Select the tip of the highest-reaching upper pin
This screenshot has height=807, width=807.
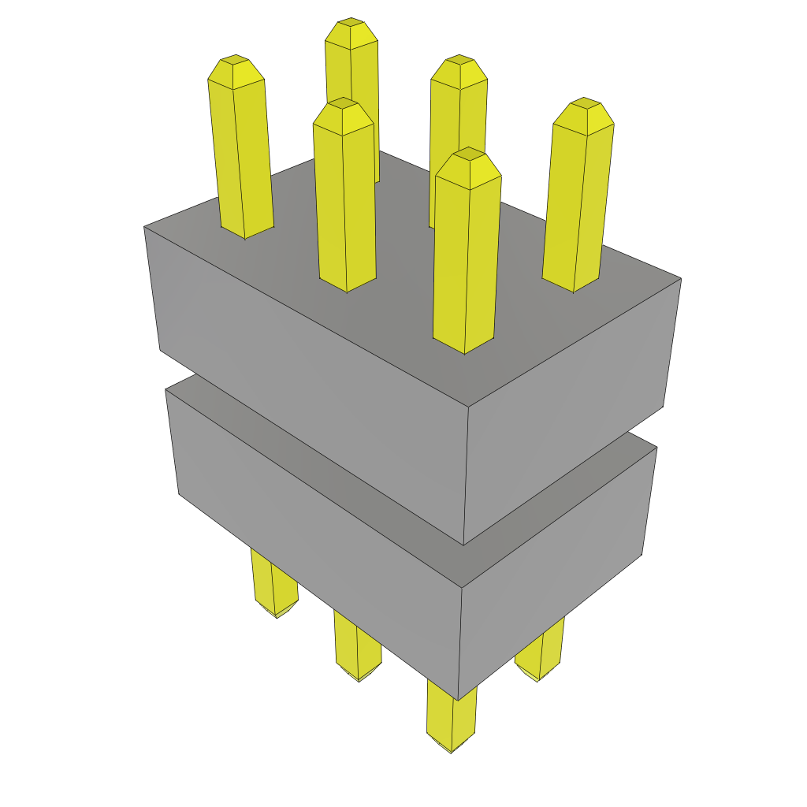click(x=351, y=24)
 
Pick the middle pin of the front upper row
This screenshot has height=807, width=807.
click(x=344, y=197)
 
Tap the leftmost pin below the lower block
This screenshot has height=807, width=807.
click(x=273, y=583)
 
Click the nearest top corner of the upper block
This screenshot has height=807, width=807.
click(x=470, y=407)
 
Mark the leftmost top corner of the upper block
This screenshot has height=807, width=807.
click(x=144, y=227)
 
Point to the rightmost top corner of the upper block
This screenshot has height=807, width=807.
click(x=681, y=278)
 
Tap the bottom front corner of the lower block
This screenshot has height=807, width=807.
click(x=457, y=700)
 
